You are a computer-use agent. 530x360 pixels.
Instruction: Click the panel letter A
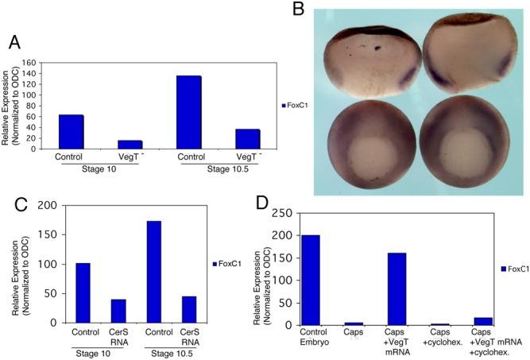click(14, 41)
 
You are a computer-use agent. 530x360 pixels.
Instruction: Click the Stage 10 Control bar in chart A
click(71, 131)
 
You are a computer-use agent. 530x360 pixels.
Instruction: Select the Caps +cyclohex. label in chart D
click(439, 338)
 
